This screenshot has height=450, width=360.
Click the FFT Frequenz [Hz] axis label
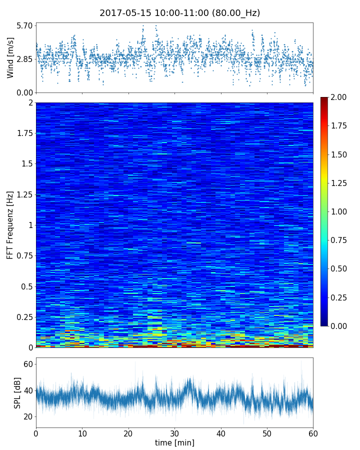[10, 225]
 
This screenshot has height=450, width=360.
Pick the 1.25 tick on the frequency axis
[23, 194]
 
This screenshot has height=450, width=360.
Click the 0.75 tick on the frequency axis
[23, 255]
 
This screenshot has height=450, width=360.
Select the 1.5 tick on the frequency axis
[26, 164]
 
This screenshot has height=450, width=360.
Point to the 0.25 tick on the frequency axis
[23, 317]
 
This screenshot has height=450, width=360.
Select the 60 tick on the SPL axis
[28, 364]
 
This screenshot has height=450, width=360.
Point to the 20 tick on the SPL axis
[28, 416]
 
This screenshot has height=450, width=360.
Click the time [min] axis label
[174, 442]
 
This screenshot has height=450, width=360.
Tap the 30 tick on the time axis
[174, 432]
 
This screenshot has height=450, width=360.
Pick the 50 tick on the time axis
[267, 432]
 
